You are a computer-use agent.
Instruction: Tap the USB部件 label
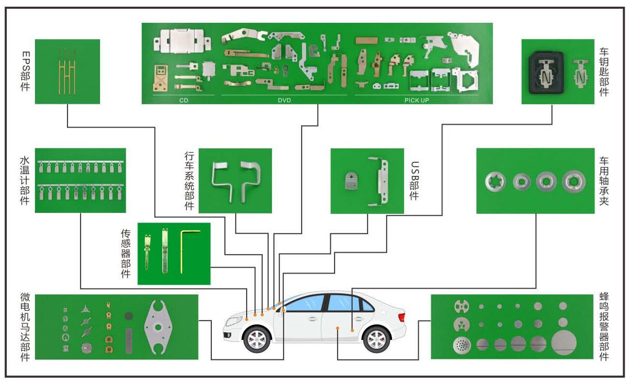coord(414,180)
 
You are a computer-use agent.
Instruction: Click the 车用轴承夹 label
coord(604,181)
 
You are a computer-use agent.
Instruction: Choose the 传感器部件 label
coord(126,253)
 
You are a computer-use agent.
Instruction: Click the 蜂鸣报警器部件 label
coord(604,326)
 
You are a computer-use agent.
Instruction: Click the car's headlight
coord(234,321)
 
